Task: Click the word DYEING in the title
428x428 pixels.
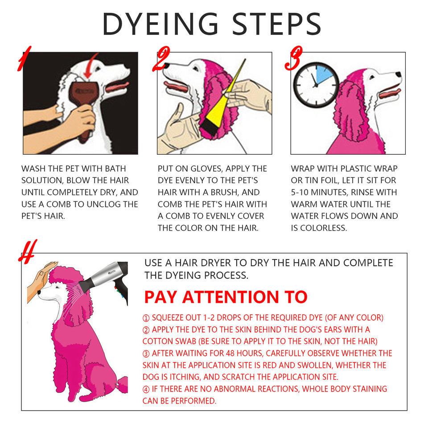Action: pyautogui.click(x=160, y=24)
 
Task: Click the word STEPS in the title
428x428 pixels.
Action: pyautogui.click(x=276, y=24)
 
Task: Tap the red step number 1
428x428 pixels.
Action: pyautogui.click(x=24, y=59)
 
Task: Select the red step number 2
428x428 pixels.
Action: pyautogui.click(x=161, y=59)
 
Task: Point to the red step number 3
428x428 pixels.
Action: pyautogui.click(x=293, y=58)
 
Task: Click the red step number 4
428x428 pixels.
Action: pyautogui.click(x=28, y=251)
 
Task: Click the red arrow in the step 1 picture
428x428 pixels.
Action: pyautogui.click(x=91, y=66)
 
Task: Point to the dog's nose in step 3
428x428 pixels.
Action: pyautogui.click(x=399, y=74)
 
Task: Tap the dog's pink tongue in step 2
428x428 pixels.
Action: pyautogui.click(x=176, y=87)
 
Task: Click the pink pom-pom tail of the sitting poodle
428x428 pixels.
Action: pyautogui.click(x=122, y=385)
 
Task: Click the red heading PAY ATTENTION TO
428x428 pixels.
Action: pyautogui.click(x=226, y=297)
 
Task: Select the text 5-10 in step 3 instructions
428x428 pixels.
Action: pyautogui.click(x=300, y=192)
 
